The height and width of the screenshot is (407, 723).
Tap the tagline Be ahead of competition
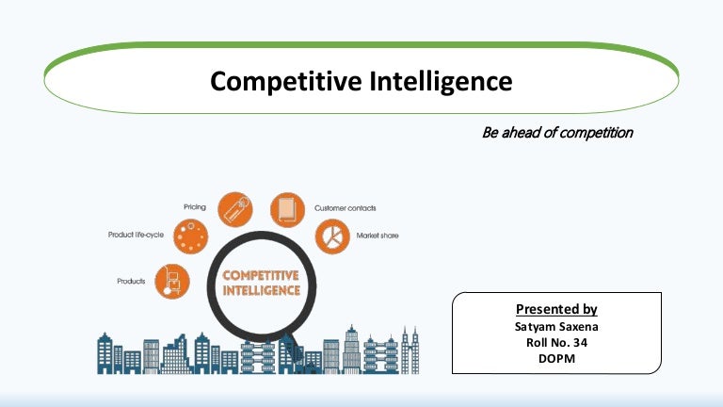tap(556, 133)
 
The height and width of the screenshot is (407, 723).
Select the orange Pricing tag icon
tap(235, 208)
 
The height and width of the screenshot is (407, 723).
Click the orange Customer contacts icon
tap(288, 209)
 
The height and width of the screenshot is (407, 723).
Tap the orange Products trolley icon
tap(172, 282)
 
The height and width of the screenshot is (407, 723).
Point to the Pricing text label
tap(195, 204)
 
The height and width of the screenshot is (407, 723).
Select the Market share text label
tap(377, 236)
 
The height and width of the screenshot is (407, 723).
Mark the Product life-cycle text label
tap(137, 234)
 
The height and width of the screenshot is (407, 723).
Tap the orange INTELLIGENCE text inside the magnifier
tap(261, 290)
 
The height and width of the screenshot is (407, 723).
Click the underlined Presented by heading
tap(556, 309)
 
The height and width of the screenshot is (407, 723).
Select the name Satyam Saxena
tap(556, 326)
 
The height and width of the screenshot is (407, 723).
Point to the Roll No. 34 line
tap(556, 342)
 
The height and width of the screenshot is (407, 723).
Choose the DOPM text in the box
tap(556, 358)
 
